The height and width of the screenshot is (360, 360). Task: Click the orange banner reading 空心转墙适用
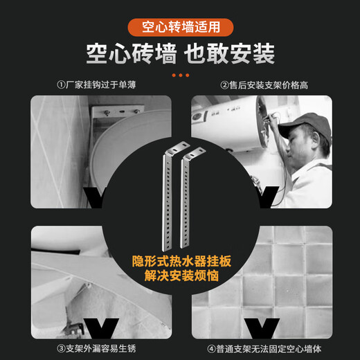click(x=180, y=28)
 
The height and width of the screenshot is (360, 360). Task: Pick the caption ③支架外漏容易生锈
click(x=94, y=348)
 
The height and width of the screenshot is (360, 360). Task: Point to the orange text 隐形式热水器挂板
click(x=180, y=262)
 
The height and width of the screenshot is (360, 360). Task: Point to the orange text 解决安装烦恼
click(x=180, y=276)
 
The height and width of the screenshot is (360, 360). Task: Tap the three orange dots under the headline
click(x=180, y=74)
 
